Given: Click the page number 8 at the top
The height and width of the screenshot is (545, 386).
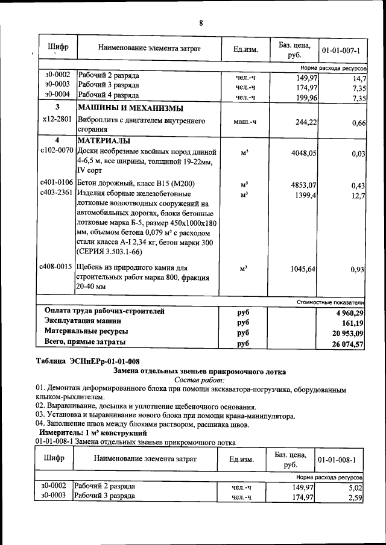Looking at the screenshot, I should pos(201,23).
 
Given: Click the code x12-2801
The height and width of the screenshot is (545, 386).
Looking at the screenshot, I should pos(57,120).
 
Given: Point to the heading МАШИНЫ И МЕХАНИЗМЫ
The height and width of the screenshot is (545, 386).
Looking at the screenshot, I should pos(130,108).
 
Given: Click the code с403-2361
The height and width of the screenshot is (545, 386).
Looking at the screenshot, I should pos(57,193).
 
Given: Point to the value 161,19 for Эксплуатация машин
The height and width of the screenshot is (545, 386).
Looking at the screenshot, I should pos(353,323).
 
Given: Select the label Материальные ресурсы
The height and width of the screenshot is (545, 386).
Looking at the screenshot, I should pos(86,332).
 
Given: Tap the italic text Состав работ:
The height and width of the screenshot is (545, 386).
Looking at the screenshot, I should pos(200,381).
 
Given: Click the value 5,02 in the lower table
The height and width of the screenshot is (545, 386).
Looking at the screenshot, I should pos(358,488).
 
